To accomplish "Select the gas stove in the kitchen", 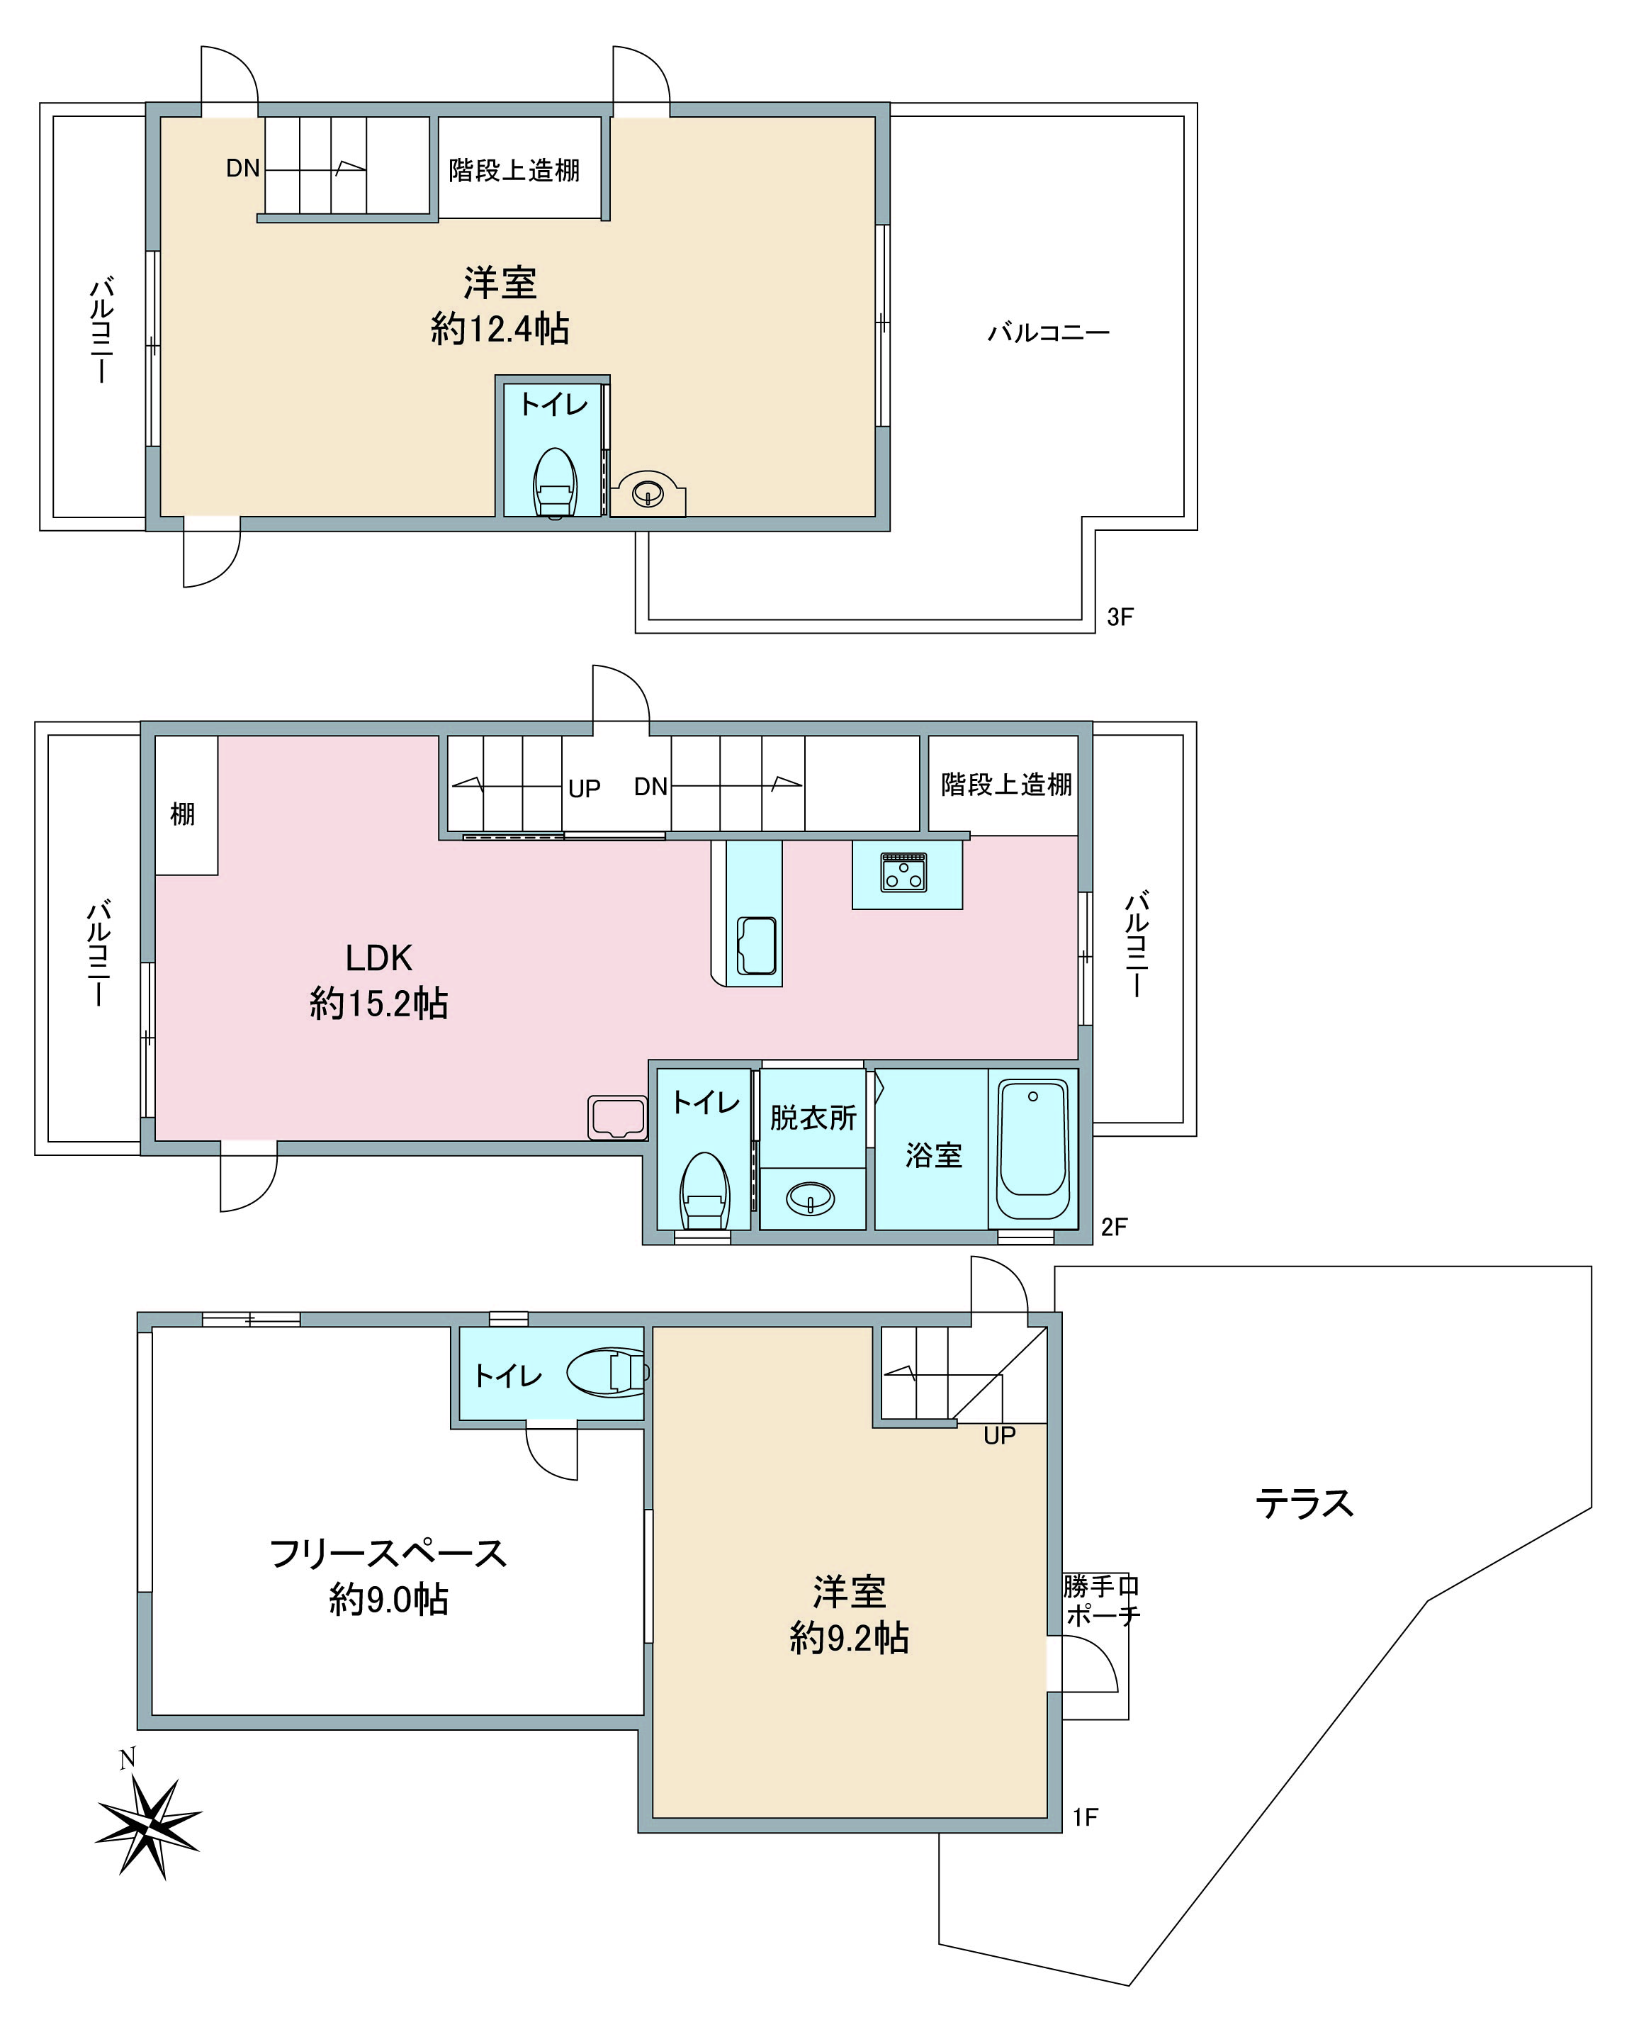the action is click(903, 872).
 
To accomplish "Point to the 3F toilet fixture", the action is click(556, 482).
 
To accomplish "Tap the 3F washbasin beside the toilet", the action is click(648, 491).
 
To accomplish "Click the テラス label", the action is click(1304, 1503).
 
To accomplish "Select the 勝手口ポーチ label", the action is click(1101, 1600).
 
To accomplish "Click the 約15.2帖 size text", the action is click(378, 1004).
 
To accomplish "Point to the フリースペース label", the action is click(388, 1554).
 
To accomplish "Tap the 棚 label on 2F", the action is click(183, 814).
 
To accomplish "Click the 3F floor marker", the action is click(1120, 617).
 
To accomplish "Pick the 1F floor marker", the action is click(1086, 1818).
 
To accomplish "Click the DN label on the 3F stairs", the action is click(243, 169).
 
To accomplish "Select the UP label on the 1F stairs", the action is click(1000, 1436).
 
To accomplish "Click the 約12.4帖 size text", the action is click(500, 330).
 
